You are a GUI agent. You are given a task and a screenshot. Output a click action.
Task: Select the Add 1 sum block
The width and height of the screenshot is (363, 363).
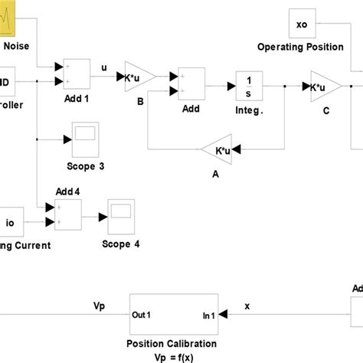tap(77, 73)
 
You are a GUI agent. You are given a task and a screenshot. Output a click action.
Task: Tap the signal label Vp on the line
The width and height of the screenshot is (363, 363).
tap(99, 305)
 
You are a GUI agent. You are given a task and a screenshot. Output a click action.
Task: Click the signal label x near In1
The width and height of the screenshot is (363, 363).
tap(247, 305)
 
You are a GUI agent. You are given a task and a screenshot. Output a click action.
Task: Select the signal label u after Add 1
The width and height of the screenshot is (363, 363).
tap(104, 67)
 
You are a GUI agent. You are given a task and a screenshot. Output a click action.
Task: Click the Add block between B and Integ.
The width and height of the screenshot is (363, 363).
tap(191, 83)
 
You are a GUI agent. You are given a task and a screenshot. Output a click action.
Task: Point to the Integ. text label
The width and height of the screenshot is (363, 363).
tap(249, 111)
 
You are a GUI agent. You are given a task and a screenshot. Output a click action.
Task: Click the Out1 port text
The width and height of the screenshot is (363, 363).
tap(143, 314)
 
